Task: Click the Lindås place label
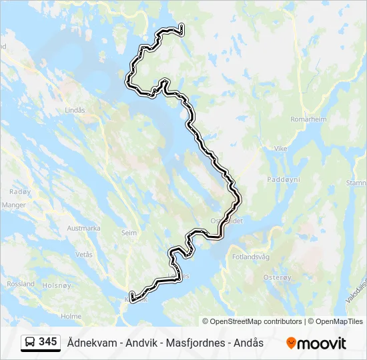click(75, 110)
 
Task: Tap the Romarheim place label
click(308, 119)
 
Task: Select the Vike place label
click(280, 149)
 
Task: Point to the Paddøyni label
click(284, 179)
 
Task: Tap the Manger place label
click(13, 205)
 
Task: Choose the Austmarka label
click(83, 228)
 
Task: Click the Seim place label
click(129, 233)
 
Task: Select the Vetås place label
click(84, 255)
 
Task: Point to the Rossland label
click(21, 283)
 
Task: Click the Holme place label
click(71, 317)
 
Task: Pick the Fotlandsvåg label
click(250, 257)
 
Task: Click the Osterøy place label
click(278, 277)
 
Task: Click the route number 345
click(48, 342)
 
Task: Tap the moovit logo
click(316, 343)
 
